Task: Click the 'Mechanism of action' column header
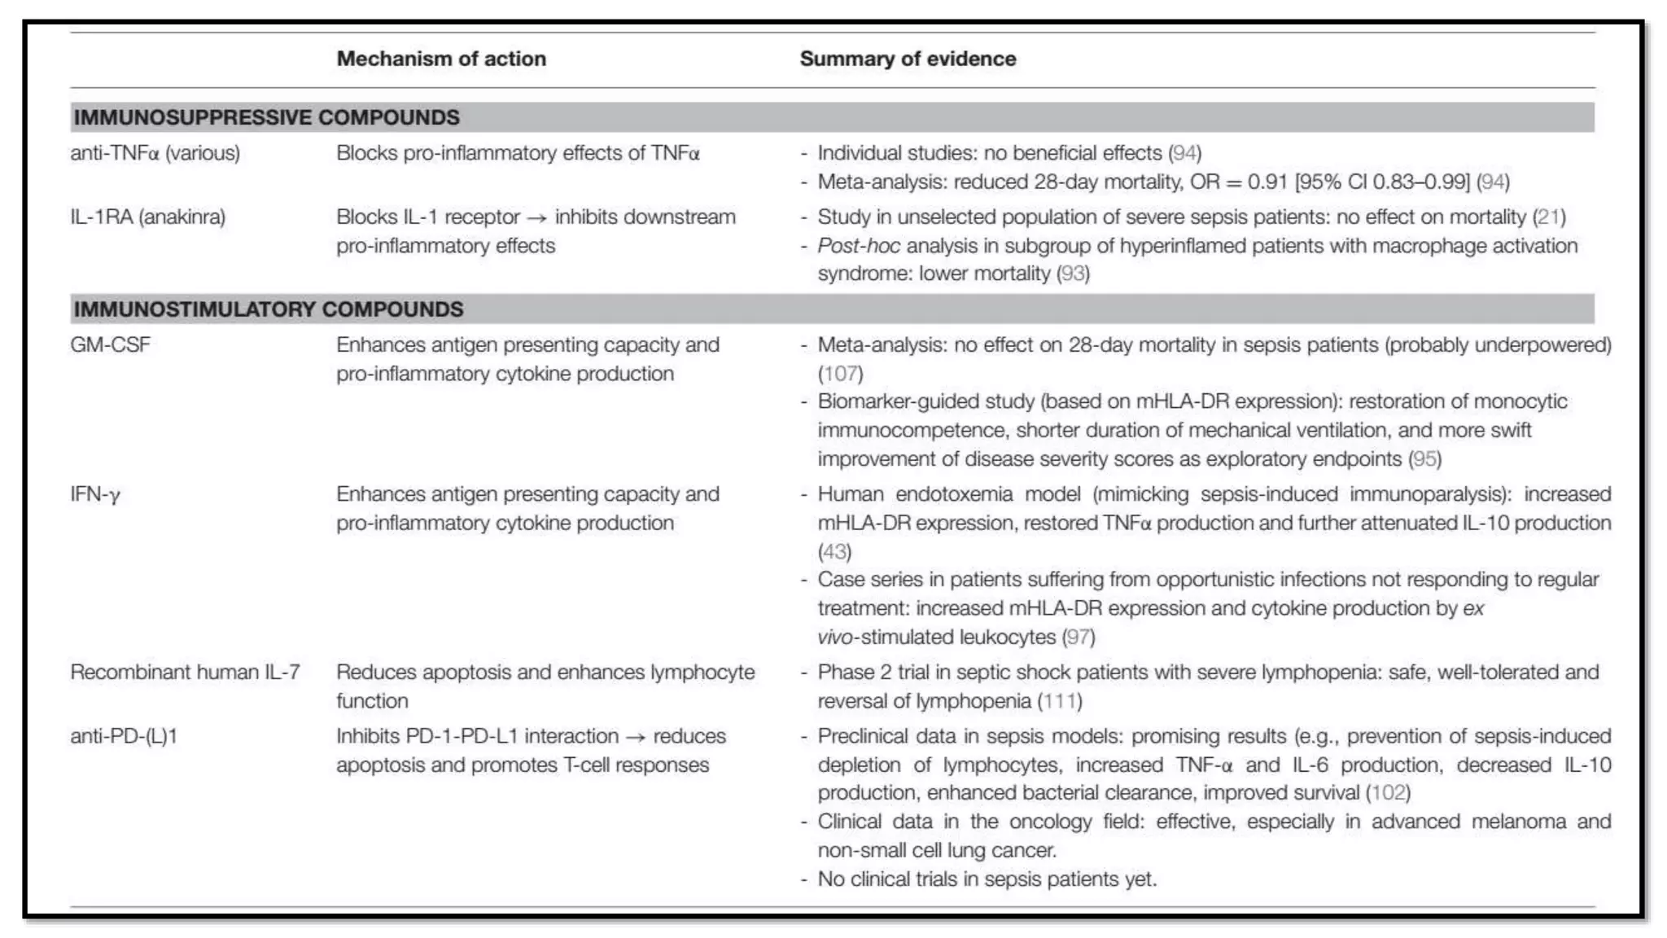[x=441, y=59]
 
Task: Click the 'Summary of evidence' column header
[x=908, y=59]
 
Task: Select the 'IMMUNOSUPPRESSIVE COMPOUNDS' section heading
[x=266, y=117]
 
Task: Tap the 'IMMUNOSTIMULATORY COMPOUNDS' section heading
[x=268, y=309]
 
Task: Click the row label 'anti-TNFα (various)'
[x=155, y=153]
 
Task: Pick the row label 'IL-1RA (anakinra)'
[x=147, y=217]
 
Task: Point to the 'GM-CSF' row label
[x=110, y=345]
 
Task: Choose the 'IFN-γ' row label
[x=94, y=494]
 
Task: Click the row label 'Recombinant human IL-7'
[x=185, y=673]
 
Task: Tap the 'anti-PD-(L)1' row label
[x=124, y=736]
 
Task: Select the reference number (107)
[x=840, y=374]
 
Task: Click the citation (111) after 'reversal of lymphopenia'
[x=1060, y=701]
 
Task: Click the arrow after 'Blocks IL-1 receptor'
[x=536, y=217]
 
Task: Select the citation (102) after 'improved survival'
[x=1388, y=793]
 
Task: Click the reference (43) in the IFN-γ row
[x=834, y=552]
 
